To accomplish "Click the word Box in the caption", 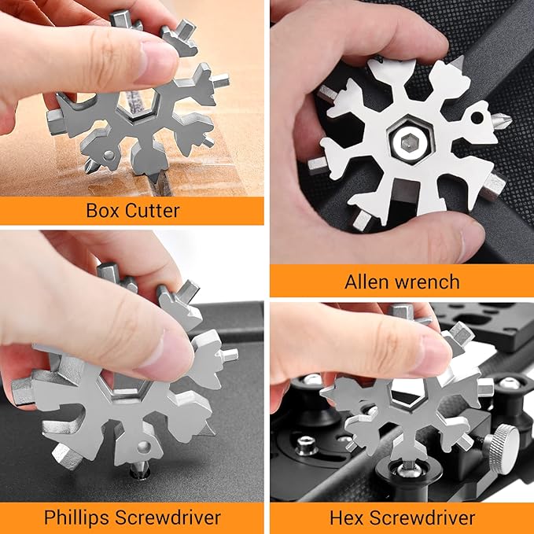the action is click(103, 211).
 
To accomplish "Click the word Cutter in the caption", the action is click(152, 211).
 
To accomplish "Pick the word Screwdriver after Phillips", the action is click(168, 517).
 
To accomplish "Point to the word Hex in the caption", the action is click(347, 518).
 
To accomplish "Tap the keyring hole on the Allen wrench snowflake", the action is click(477, 118).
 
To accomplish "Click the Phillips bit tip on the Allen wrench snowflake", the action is click(502, 120).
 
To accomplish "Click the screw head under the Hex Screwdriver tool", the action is click(406, 470).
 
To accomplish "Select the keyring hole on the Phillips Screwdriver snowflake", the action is click(144, 447).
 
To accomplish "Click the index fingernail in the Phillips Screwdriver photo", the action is click(171, 355).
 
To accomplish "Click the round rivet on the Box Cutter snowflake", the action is click(109, 155).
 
